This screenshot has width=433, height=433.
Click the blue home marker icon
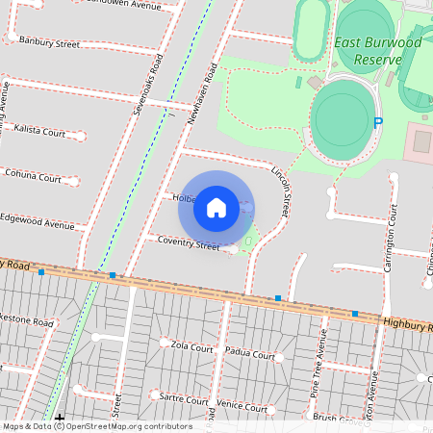point(216,207)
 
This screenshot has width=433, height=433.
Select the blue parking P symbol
point(378,123)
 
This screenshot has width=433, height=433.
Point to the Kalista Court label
point(39,131)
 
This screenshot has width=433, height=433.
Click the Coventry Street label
point(189,245)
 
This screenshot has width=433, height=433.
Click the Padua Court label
point(249,355)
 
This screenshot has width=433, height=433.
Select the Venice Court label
point(242,408)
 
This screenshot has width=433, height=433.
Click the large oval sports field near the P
point(340,114)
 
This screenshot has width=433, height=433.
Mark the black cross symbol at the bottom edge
point(61,419)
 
